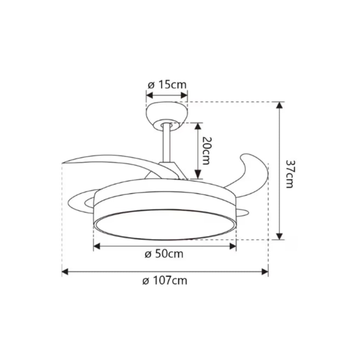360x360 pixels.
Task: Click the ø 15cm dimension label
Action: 167,85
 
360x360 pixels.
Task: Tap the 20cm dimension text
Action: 206,150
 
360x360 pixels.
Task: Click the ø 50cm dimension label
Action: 164,254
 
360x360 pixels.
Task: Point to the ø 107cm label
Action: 165,280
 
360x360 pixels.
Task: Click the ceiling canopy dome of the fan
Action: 167,112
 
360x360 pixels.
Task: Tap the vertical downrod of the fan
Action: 166,144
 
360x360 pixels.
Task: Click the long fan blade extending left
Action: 108,162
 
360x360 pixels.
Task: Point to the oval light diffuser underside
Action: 165,224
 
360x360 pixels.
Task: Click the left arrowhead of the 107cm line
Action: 65,271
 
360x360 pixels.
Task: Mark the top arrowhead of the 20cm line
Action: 197,126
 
